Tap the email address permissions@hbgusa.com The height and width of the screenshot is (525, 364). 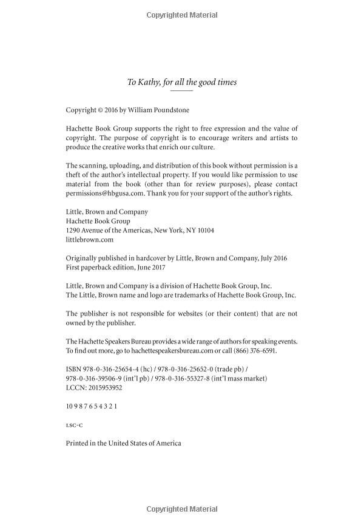click(x=101, y=194)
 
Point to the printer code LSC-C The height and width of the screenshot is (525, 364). click(x=74, y=425)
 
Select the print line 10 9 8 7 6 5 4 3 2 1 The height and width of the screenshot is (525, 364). click(x=91, y=406)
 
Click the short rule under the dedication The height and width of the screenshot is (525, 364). click(x=182, y=91)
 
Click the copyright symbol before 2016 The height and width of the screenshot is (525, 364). click(x=101, y=111)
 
